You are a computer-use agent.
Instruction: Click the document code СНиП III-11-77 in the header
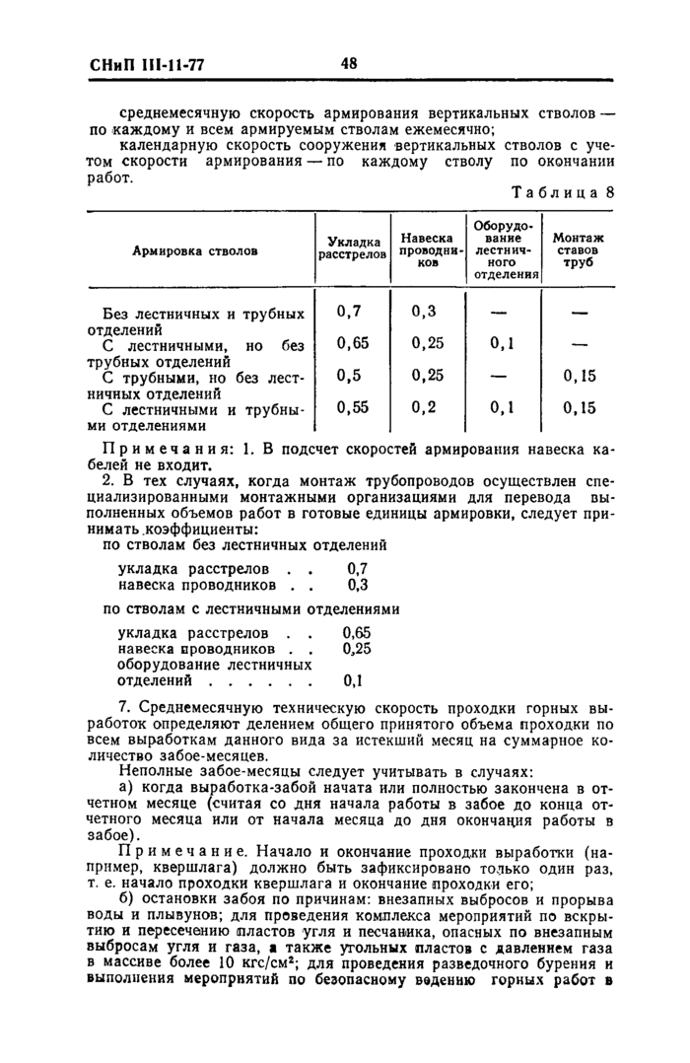coord(140,66)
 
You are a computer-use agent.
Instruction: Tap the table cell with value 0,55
coord(352,407)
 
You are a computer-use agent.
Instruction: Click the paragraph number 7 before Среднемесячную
coord(122,708)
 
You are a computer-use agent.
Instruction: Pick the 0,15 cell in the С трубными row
coord(579,376)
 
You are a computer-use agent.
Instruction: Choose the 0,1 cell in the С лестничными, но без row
coord(503,344)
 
